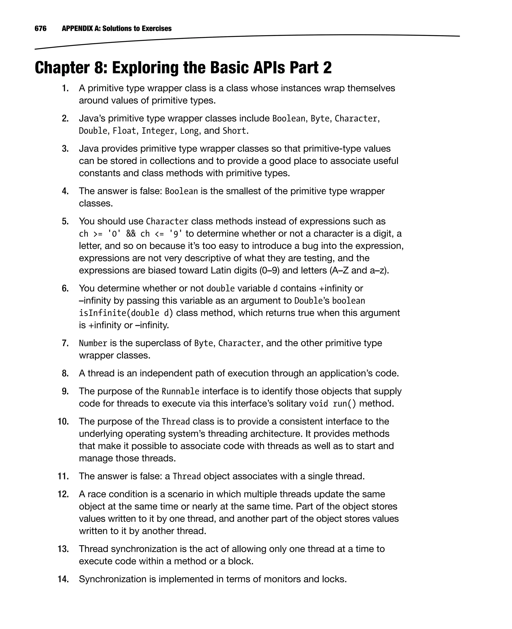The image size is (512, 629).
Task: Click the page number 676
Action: pos(40,28)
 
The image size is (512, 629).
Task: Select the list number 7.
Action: pos(65,343)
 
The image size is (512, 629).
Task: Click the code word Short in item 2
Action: pos(234,131)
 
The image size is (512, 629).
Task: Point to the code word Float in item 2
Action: pos(124,131)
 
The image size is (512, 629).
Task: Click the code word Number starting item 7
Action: pos(93,343)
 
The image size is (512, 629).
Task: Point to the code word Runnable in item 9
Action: pos(180,391)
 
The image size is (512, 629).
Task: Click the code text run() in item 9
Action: pos(344,403)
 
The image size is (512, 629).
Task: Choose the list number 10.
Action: pos(63,421)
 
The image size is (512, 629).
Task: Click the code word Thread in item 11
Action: pos(186,476)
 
